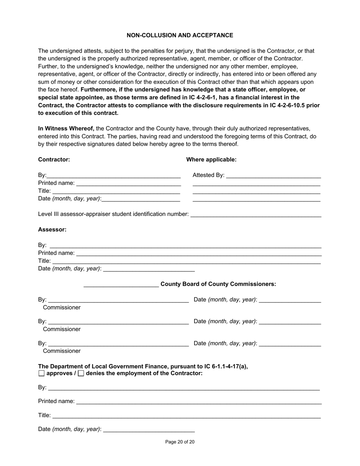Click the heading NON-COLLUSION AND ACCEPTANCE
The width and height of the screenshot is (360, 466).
pyautogui.click(x=180, y=35)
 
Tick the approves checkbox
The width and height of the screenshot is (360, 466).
pyautogui.click(x=42, y=374)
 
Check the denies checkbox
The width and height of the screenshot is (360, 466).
pyautogui.click(x=81, y=374)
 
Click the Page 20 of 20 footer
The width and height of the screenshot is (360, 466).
pyautogui.click(x=180, y=442)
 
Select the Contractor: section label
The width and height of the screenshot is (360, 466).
pyautogui.click(x=54, y=160)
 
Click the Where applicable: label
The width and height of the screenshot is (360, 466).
pyautogui.click(x=211, y=160)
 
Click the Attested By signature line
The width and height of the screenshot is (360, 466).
pyautogui.click(x=273, y=176)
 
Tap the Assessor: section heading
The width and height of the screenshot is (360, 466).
pyautogui.click(x=52, y=230)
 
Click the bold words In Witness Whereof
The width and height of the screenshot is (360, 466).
pyautogui.click(x=66, y=128)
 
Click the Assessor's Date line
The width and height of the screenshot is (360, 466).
pyautogui.click(x=149, y=269)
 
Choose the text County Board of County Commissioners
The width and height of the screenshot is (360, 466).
pyautogui.click(x=218, y=284)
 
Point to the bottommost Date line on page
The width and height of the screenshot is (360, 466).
pyautogui.click(x=149, y=430)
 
